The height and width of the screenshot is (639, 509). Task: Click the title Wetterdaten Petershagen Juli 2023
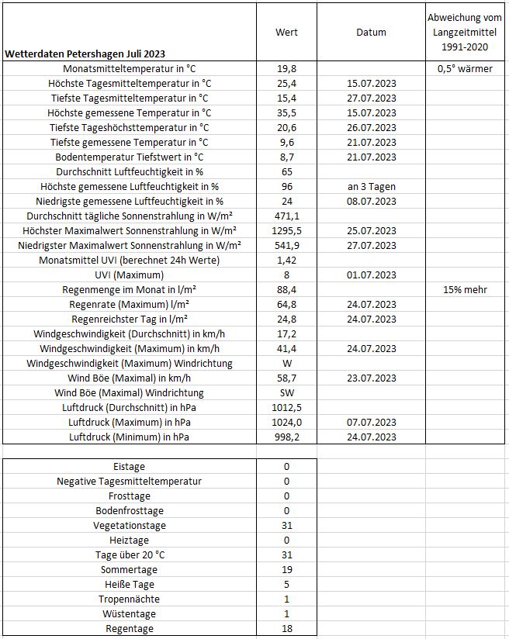click(x=85, y=54)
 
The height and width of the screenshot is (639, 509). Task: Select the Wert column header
click(x=286, y=33)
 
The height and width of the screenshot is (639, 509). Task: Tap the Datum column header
click(x=371, y=33)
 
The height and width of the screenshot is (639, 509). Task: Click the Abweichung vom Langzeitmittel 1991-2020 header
click(x=466, y=33)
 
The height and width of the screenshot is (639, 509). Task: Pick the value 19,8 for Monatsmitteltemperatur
click(x=286, y=69)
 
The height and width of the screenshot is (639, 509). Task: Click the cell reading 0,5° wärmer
click(x=466, y=69)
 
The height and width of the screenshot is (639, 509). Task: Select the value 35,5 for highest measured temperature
click(x=286, y=113)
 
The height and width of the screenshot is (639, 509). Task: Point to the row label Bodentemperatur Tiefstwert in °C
click(x=129, y=157)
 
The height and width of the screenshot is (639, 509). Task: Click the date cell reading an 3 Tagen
click(x=371, y=187)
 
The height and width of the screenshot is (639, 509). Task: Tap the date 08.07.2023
click(x=371, y=202)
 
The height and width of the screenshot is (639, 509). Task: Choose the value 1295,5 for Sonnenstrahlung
click(x=286, y=231)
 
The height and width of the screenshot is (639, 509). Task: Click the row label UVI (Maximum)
click(x=129, y=275)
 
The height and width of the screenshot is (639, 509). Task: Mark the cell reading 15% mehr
click(x=466, y=290)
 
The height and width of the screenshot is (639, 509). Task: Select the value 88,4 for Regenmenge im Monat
click(x=286, y=290)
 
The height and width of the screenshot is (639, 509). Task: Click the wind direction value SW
click(x=286, y=393)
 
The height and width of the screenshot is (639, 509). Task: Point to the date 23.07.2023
click(x=371, y=378)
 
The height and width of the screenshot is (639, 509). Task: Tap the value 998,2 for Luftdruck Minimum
click(x=286, y=437)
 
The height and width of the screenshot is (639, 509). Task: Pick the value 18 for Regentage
click(x=286, y=629)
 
